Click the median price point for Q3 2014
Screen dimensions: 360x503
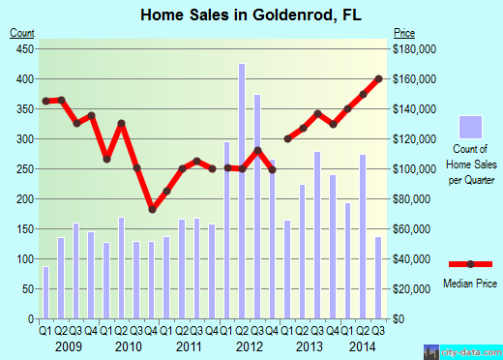pyautogui.click(x=379, y=78)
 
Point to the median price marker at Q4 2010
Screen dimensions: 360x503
pyautogui.click(x=152, y=209)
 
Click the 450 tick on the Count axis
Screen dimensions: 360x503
pyautogui.click(x=21, y=48)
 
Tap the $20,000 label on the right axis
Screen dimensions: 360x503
pyautogui.click(x=412, y=289)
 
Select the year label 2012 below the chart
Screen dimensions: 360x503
pyautogui.click(x=249, y=345)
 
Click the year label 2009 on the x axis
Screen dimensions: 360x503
pyautogui.click(x=67, y=345)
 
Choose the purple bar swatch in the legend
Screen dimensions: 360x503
pyautogui.click(x=470, y=128)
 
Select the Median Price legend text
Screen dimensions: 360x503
pyautogui.click(x=470, y=285)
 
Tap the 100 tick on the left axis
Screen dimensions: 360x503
pyautogui.click(x=21, y=259)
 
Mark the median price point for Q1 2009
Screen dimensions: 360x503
pyautogui.click(x=45, y=102)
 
